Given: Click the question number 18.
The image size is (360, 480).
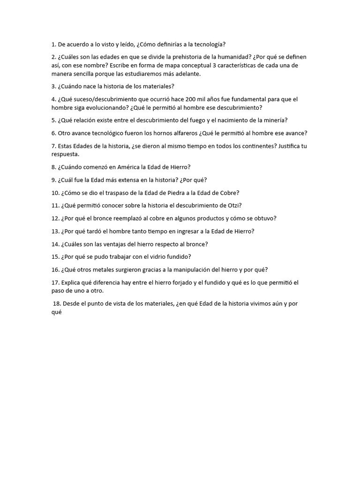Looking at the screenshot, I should pyautogui.click(x=57, y=304).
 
